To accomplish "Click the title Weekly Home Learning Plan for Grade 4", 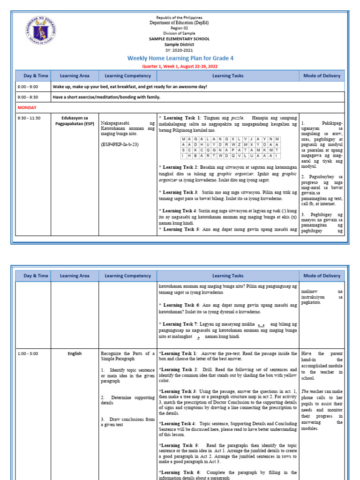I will coord(180,58).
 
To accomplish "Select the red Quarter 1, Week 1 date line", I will coord(180,66).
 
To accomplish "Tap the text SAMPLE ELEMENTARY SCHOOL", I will coord(180,39).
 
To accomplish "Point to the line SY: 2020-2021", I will coord(180,50).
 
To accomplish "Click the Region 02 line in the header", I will coord(180,28).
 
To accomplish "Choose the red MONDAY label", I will coord(27,107).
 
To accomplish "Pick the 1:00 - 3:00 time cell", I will coord(28,353).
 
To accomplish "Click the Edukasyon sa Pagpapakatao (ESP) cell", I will coord(75,120).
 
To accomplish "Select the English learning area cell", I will coord(75,353).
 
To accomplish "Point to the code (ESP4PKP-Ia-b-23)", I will coord(120,144).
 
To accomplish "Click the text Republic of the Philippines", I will coord(180,17).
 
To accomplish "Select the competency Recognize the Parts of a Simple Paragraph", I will coord(127,356).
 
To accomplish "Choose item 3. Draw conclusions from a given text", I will coord(127,422).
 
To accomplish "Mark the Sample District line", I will coord(180,45).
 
